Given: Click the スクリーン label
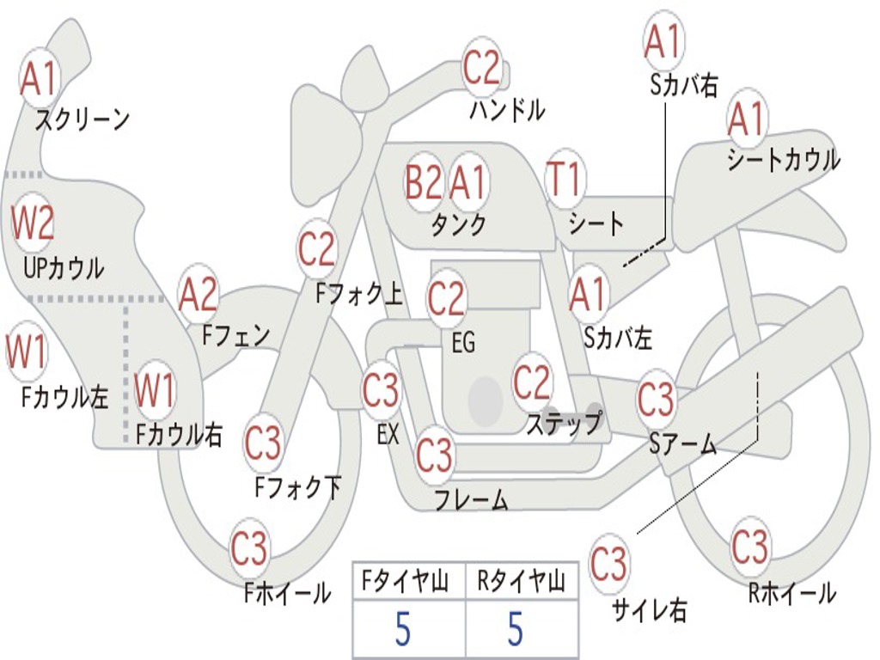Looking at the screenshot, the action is coord(82,119).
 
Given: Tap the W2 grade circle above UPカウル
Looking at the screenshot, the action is coord(33,223).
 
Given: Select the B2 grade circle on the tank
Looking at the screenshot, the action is coord(423,182).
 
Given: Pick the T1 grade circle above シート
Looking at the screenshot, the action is coord(565,179).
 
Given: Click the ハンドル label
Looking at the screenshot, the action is coord(507,109).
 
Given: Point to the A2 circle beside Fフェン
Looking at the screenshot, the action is coord(198,296).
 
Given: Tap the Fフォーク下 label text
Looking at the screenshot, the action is coord(298,487).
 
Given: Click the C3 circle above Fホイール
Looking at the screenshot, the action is coord(249,547).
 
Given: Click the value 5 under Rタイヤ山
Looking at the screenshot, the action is coord(516,628).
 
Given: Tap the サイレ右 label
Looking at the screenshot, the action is coord(649,610).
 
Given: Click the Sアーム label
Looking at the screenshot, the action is coord(683,444).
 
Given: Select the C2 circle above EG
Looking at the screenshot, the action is coord(446,297).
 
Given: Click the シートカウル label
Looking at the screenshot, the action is coord(784,159).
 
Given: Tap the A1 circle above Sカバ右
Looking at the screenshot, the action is coord(663,41).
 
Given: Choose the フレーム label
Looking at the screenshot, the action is coord(472,499).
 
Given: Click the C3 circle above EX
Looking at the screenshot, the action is coord(381,389).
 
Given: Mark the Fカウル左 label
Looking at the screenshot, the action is coord(64,396).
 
